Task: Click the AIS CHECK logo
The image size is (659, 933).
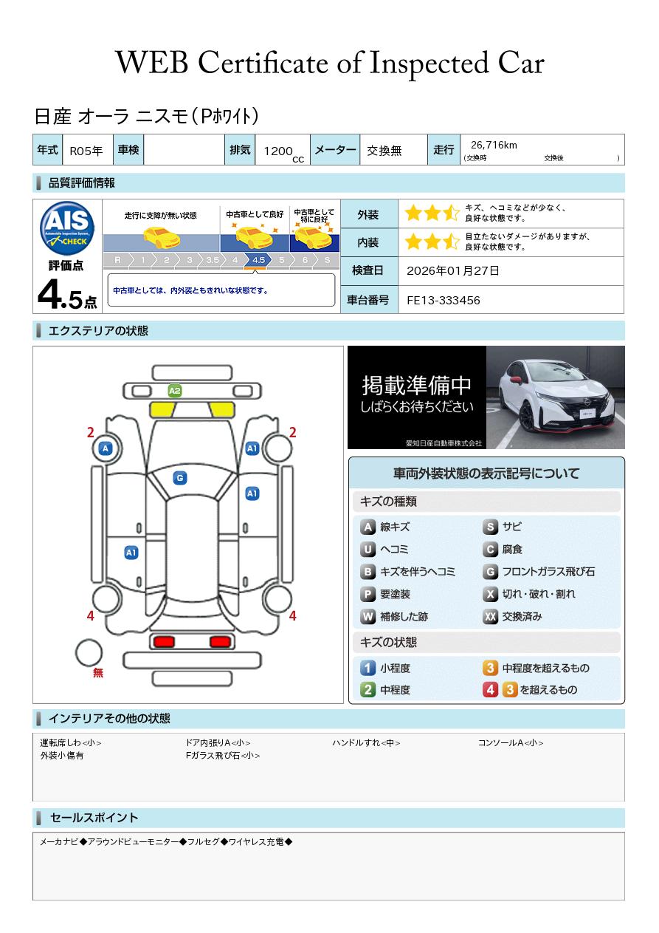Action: pyautogui.click(x=67, y=228)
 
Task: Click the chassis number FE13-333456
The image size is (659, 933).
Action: pyautogui.click(x=443, y=301)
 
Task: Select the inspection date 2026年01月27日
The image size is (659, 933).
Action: pyautogui.click(x=452, y=270)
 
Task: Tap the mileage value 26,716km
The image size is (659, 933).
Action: pyautogui.click(x=494, y=145)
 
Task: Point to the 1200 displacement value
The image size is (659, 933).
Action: pyautogui.click(x=278, y=151)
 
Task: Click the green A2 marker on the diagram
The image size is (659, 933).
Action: pyautogui.click(x=175, y=391)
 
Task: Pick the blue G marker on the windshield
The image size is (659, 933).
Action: pyautogui.click(x=180, y=478)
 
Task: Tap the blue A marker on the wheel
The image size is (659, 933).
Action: pyautogui.click(x=106, y=448)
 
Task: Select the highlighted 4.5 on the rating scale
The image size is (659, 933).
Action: pyautogui.click(x=258, y=260)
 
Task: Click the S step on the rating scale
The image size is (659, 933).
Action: pyautogui.click(x=328, y=260)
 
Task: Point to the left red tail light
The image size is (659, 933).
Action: pyautogui.click(x=164, y=641)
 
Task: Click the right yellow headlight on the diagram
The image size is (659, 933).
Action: pyautogui.click(x=221, y=410)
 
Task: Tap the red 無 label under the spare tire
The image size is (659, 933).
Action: pyautogui.click(x=98, y=673)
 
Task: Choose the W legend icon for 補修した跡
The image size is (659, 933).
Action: pyautogui.click(x=368, y=616)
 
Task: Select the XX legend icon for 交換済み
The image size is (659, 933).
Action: pyautogui.click(x=490, y=616)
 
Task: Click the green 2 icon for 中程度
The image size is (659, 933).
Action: pyautogui.click(x=368, y=690)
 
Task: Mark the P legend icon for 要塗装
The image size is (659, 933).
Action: pyautogui.click(x=368, y=594)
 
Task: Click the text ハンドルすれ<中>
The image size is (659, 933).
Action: pyautogui.click(x=366, y=742)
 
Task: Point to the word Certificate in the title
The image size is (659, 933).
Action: pyautogui.click(x=263, y=64)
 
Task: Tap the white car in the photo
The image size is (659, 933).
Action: pyautogui.click(x=557, y=397)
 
